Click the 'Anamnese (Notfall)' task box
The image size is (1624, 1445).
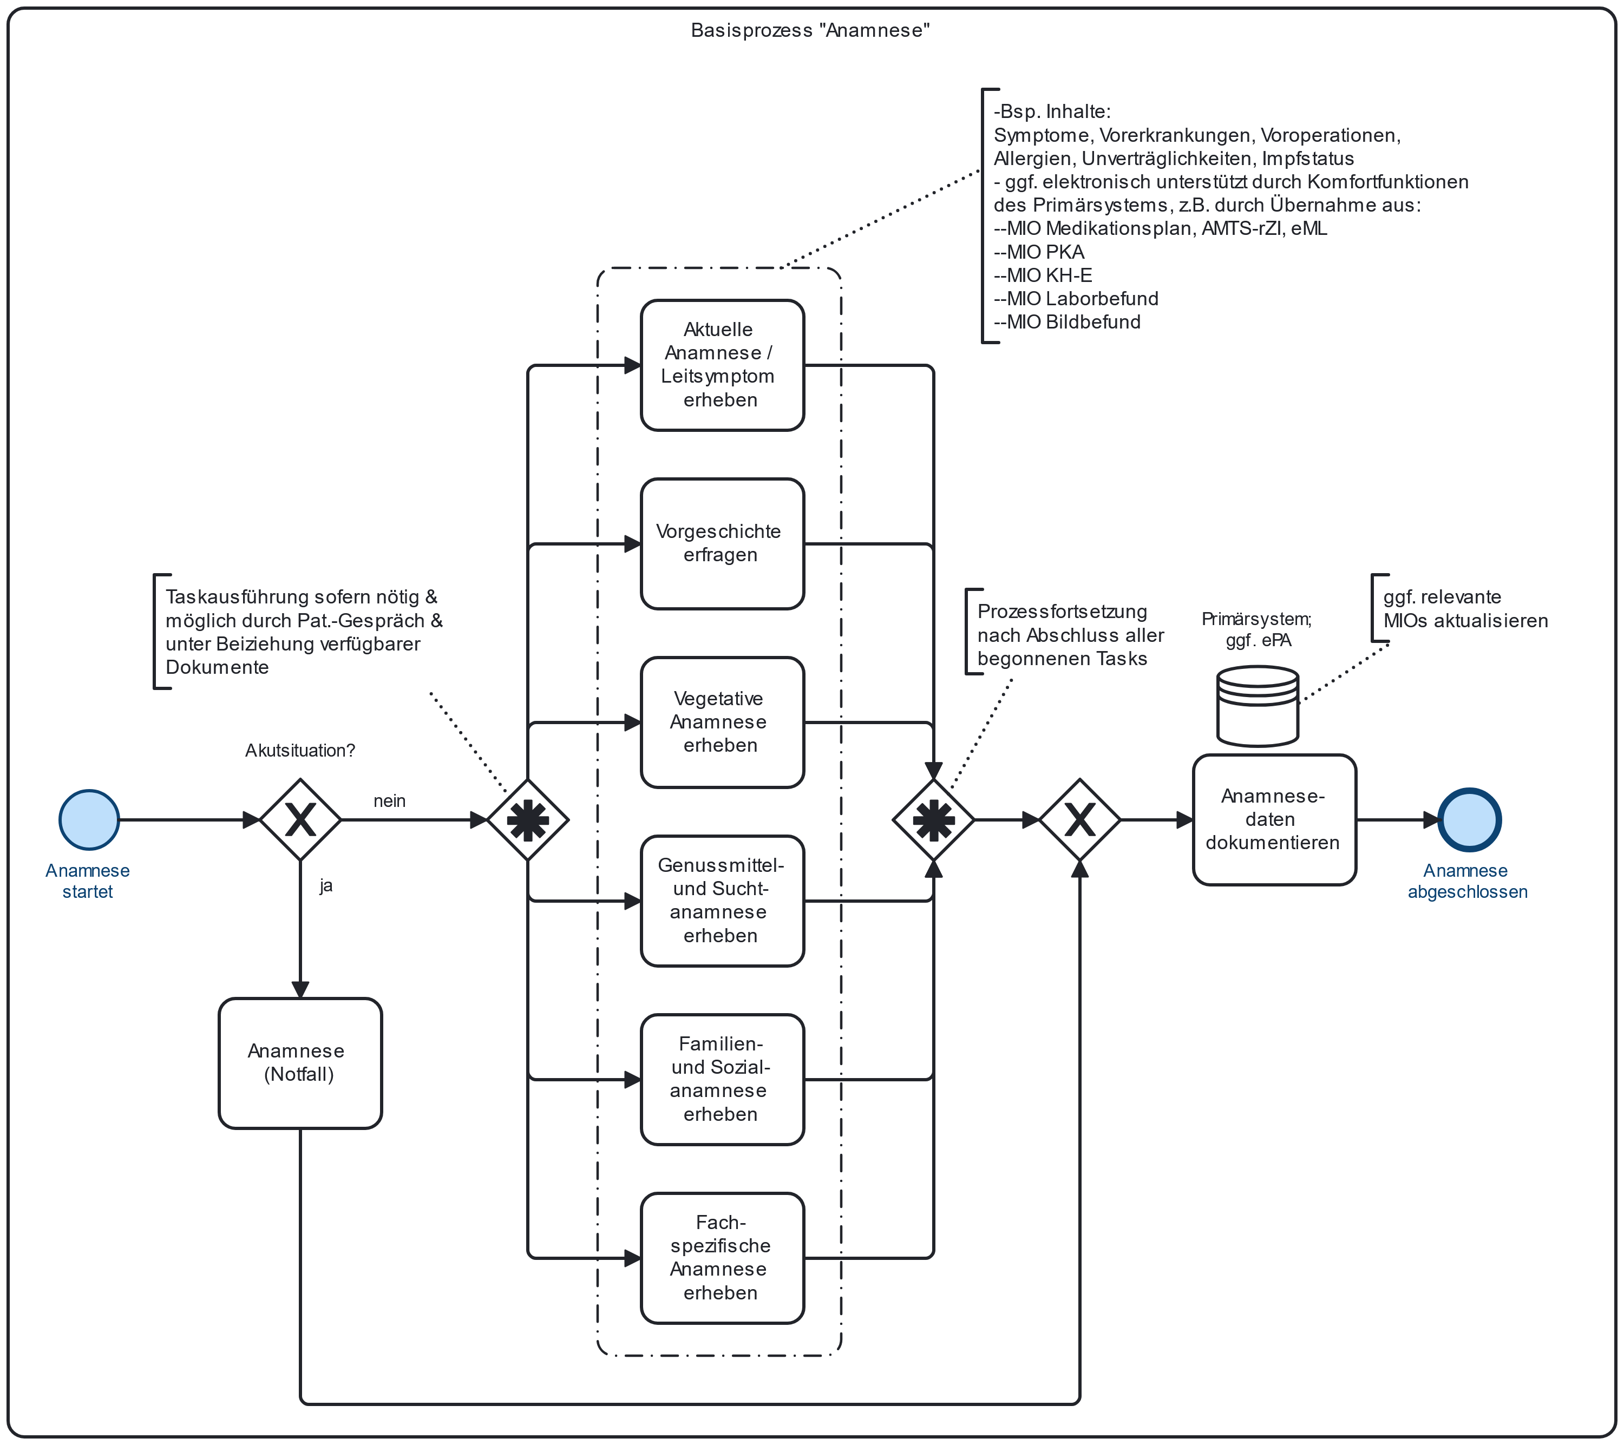[x=300, y=1063]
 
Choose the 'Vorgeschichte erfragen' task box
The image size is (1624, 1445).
[x=722, y=543]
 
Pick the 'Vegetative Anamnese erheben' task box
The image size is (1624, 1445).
[x=722, y=722]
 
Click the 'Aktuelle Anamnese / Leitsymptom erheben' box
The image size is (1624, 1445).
[x=722, y=365]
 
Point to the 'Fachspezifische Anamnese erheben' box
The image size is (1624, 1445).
[x=722, y=1258]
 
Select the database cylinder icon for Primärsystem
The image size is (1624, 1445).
[x=1258, y=706]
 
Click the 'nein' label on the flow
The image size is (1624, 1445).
[x=389, y=801]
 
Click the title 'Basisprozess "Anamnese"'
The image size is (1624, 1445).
[x=810, y=30]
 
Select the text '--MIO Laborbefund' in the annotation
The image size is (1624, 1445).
[x=1076, y=299]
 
